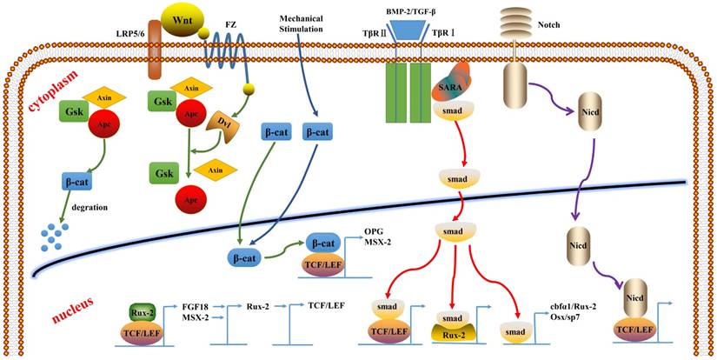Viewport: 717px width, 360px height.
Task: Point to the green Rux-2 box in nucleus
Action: pyautogui.click(x=143, y=312)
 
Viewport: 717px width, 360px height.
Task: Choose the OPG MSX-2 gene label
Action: pyautogui.click(x=375, y=237)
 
